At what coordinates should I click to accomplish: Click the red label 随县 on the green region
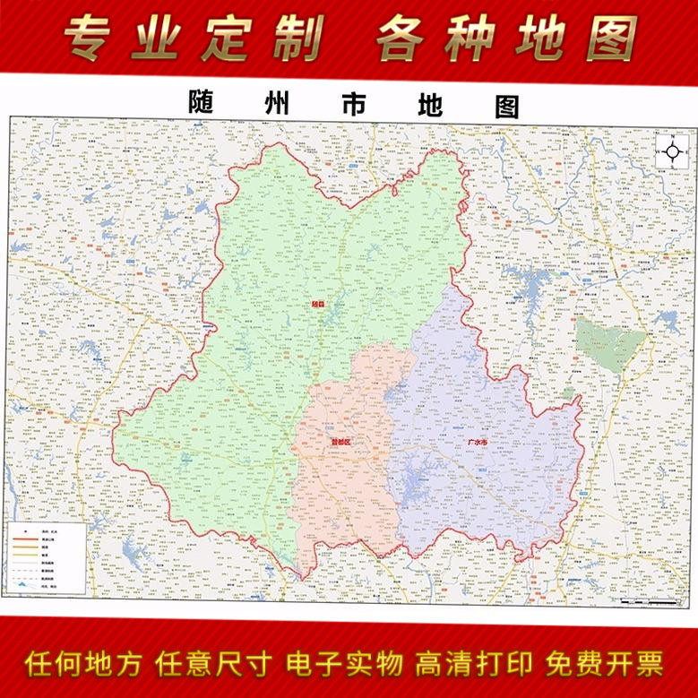click(x=317, y=304)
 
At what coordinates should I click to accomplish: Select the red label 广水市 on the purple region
click(x=478, y=443)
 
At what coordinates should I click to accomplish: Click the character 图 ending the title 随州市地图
click(x=506, y=106)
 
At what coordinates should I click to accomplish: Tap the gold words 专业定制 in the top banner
click(x=194, y=38)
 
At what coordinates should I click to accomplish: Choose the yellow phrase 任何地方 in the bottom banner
click(x=83, y=664)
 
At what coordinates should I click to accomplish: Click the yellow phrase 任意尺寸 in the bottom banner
click(x=213, y=664)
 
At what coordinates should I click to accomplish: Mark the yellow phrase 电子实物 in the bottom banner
click(x=344, y=664)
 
